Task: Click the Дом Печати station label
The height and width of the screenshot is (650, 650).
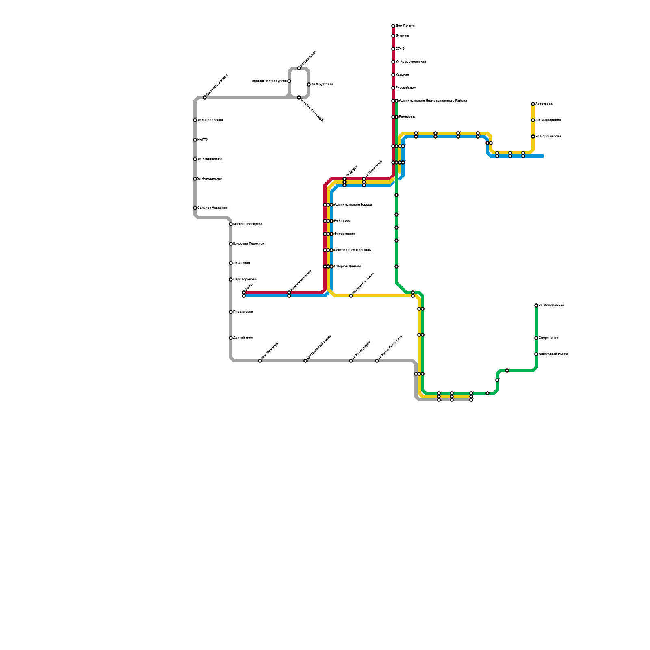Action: click(405, 26)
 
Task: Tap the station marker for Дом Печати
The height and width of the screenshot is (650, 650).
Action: click(393, 26)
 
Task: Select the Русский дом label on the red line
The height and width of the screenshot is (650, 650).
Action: click(406, 88)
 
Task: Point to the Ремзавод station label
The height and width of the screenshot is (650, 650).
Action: click(407, 117)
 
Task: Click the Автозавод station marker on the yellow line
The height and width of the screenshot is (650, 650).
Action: click(533, 104)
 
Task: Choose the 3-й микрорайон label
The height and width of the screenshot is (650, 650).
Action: click(548, 120)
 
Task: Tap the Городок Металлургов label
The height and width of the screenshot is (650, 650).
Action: click(269, 81)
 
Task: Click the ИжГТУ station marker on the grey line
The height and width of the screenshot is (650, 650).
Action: click(195, 140)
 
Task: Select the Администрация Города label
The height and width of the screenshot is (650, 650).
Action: click(353, 205)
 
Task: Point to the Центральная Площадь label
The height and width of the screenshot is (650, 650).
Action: click(352, 250)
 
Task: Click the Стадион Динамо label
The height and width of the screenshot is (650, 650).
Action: click(347, 266)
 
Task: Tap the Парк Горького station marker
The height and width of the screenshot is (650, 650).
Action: click(231, 279)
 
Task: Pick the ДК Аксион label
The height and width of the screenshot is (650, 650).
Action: click(242, 263)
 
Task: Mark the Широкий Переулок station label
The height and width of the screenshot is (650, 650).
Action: click(249, 244)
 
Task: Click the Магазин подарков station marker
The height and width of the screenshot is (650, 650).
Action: click(231, 224)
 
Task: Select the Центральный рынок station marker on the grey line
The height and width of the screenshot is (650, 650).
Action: click(305, 361)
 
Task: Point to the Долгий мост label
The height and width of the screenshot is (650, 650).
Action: click(243, 338)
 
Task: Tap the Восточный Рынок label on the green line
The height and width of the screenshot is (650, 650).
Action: click(553, 354)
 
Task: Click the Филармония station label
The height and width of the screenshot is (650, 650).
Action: click(344, 234)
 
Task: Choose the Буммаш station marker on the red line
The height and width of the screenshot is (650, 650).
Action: click(393, 36)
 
